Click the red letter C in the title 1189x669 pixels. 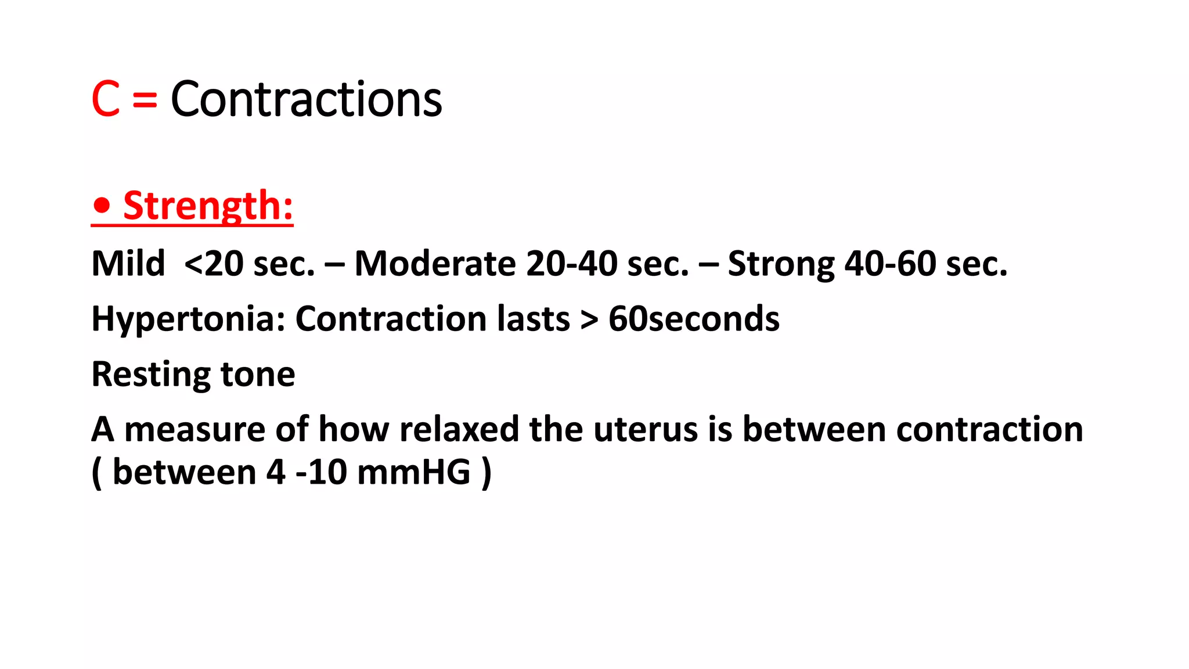[x=106, y=99]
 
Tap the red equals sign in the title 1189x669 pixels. [x=145, y=99]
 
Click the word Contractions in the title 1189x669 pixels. [x=306, y=99]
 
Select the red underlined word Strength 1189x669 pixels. [x=208, y=206]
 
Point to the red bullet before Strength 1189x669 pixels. [x=102, y=206]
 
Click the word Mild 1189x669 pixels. [x=128, y=264]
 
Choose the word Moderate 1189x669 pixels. [x=435, y=264]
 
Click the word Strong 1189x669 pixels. [x=781, y=264]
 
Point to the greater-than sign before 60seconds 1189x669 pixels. [x=589, y=320]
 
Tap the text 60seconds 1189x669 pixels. [x=694, y=319]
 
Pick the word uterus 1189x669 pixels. [x=646, y=430]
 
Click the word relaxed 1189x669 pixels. [x=459, y=430]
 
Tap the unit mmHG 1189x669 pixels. [x=413, y=472]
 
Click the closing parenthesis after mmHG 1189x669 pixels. [x=487, y=472]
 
